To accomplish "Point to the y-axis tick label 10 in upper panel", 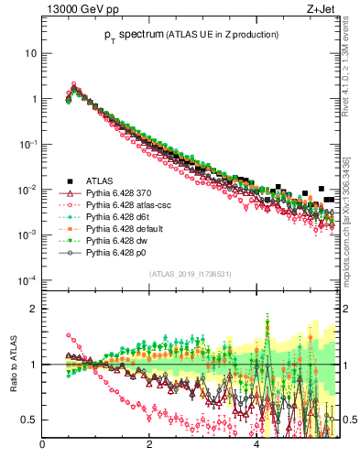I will pos(30,53).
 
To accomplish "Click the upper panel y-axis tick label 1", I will pos(33,99).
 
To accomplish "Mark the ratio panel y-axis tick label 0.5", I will pos(29,420).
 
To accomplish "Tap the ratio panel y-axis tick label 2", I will pos(33,309).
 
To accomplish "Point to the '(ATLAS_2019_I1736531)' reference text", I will pos(191,275).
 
